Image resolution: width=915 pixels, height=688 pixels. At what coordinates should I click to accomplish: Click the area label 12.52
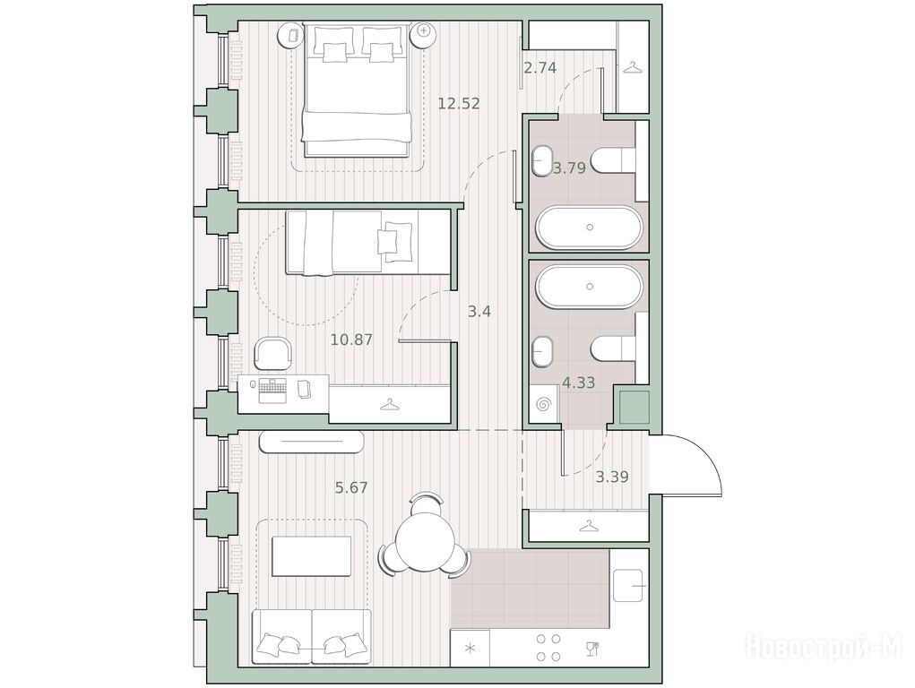459,104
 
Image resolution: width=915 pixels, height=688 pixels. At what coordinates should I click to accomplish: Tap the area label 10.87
351,339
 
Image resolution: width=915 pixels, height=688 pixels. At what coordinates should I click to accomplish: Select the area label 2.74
540,68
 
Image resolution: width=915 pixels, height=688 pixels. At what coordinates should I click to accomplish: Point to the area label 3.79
569,168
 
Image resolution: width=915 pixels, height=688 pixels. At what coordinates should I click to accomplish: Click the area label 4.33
578,383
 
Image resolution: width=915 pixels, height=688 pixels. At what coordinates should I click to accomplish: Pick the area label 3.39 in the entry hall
612,477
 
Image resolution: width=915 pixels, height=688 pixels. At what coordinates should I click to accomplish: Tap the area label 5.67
351,486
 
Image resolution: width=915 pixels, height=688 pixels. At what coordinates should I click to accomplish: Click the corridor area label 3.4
479,312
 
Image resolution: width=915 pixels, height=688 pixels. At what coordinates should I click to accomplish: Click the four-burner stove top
548,648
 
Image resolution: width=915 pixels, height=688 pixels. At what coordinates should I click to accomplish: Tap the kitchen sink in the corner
628,585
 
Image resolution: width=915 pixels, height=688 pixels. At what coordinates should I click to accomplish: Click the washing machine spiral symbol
544,404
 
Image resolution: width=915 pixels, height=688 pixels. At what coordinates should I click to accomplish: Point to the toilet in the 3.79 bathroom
613,159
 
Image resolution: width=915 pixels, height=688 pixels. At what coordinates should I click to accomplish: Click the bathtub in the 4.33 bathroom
590,287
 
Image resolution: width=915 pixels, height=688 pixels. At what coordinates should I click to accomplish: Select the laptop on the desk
272,389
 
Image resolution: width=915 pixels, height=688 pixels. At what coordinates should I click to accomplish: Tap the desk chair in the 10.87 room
272,353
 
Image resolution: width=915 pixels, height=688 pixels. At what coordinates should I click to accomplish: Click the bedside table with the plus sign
424,34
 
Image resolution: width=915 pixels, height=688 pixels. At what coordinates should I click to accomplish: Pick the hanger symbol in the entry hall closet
588,526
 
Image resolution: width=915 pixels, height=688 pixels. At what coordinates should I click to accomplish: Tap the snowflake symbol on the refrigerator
470,648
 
